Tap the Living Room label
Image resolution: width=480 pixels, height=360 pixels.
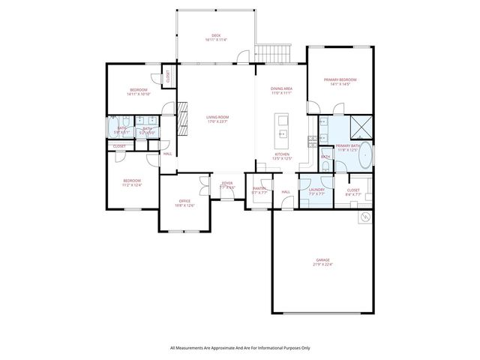[x=217, y=117]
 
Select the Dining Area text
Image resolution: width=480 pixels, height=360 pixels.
[x=281, y=88]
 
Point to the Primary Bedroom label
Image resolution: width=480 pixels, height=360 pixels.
[x=340, y=79]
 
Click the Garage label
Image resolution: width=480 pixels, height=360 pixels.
[x=322, y=259]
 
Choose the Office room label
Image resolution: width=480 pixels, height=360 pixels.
[x=184, y=200]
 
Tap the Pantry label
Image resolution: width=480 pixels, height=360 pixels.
[x=259, y=189]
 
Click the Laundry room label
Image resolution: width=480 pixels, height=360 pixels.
[x=316, y=190]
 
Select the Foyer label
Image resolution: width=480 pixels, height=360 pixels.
[x=226, y=183]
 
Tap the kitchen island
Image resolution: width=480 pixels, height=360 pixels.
[x=283, y=127]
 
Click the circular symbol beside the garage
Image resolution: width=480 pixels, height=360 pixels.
[x=366, y=218]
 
